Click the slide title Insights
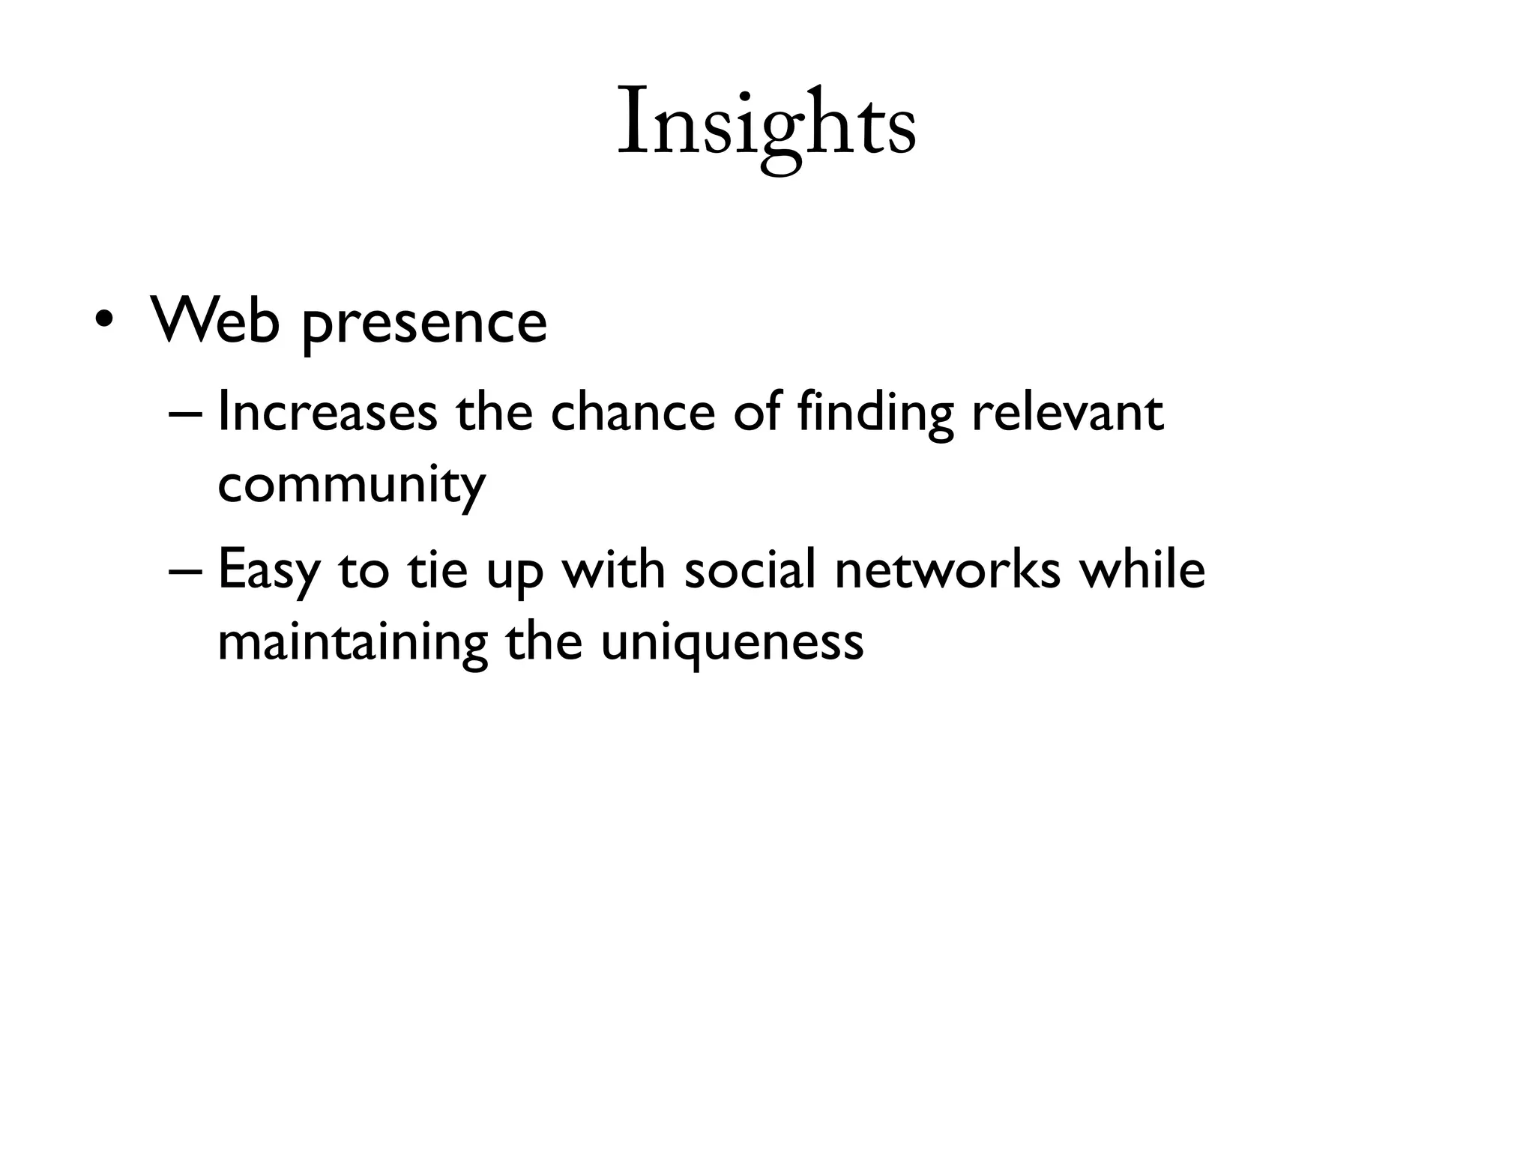[766, 124]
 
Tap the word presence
[425, 326]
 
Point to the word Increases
[328, 412]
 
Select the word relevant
[1067, 412]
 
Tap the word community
[352, 486]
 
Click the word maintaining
[352, 643]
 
